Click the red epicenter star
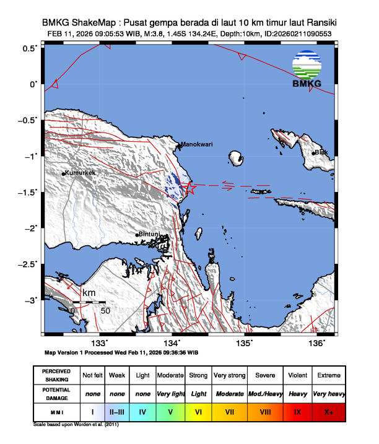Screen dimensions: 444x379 click(189, 188)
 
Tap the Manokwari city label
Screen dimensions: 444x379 click(197, 144)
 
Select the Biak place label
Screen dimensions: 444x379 click(321, 152)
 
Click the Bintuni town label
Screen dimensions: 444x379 click(150, 234)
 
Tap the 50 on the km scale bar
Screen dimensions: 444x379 click(105, 310)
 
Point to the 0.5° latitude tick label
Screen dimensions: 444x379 click(30, 48)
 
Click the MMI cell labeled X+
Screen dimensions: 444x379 click(328, 411)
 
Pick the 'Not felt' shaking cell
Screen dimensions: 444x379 click(92, 376)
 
